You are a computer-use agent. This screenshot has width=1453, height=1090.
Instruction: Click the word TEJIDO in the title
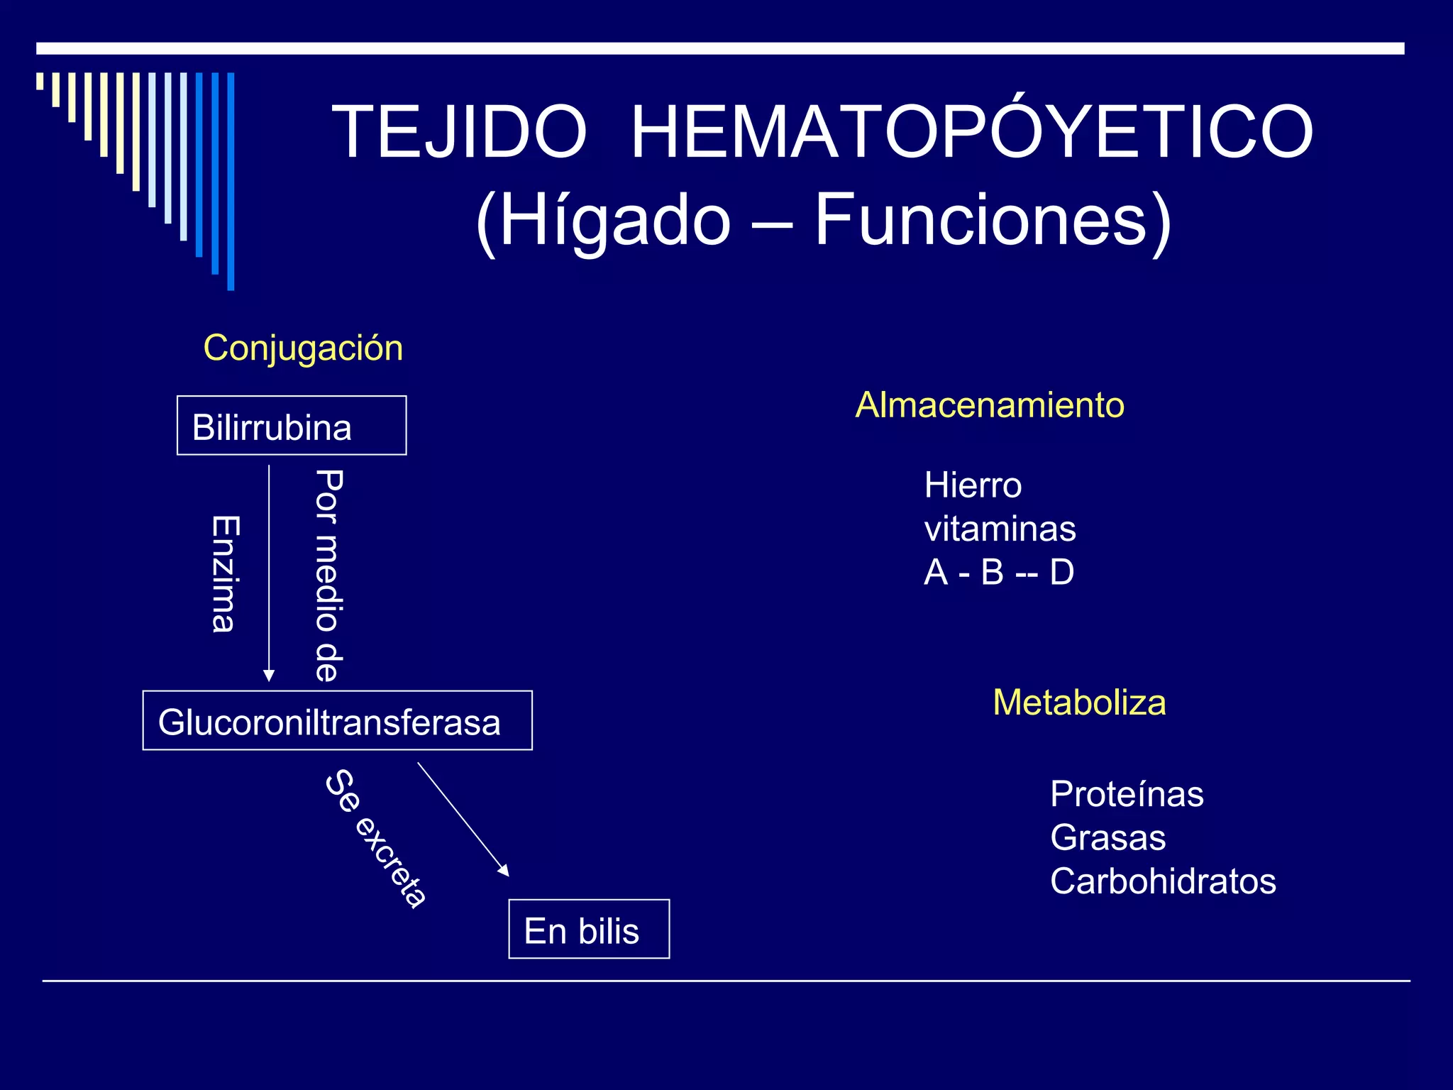pyautogui.click(x=459, y=132)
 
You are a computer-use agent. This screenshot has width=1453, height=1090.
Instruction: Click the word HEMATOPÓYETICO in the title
pyautogui.click(x=971, y=132)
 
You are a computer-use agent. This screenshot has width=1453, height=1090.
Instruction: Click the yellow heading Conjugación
pyautogui.click(x=303, y=348)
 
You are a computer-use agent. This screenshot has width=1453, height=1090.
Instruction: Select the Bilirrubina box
pyautogui.click(x=292, y=426)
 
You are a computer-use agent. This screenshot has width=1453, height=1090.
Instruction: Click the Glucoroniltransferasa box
pyautogui.click(x=337, y=720)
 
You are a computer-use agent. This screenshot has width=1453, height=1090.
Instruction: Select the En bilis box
pyautogui.click(x=589, y=929)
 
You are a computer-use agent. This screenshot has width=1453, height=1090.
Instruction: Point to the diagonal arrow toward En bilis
pyautogui.click(x=463, y=818)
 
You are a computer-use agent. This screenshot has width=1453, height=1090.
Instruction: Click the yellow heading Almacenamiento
pyautogui.click(x=990, y=405)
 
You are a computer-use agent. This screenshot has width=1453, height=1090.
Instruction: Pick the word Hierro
pyautogui.click(x=973, y=486)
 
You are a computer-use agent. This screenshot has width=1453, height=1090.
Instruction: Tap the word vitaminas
pyautogui.click(x=1000, y=529)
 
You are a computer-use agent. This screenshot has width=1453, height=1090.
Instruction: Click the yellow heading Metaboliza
pyautogui.click(x=1079, y=703)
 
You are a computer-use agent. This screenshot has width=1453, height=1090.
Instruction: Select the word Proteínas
pyautogui.click(x=1127, y=794)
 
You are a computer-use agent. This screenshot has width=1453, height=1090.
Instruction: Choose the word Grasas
pyautogui.click(x=1107, y=837)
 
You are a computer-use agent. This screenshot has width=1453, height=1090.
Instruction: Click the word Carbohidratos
pyautogui.click(x=1163, y=881)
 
